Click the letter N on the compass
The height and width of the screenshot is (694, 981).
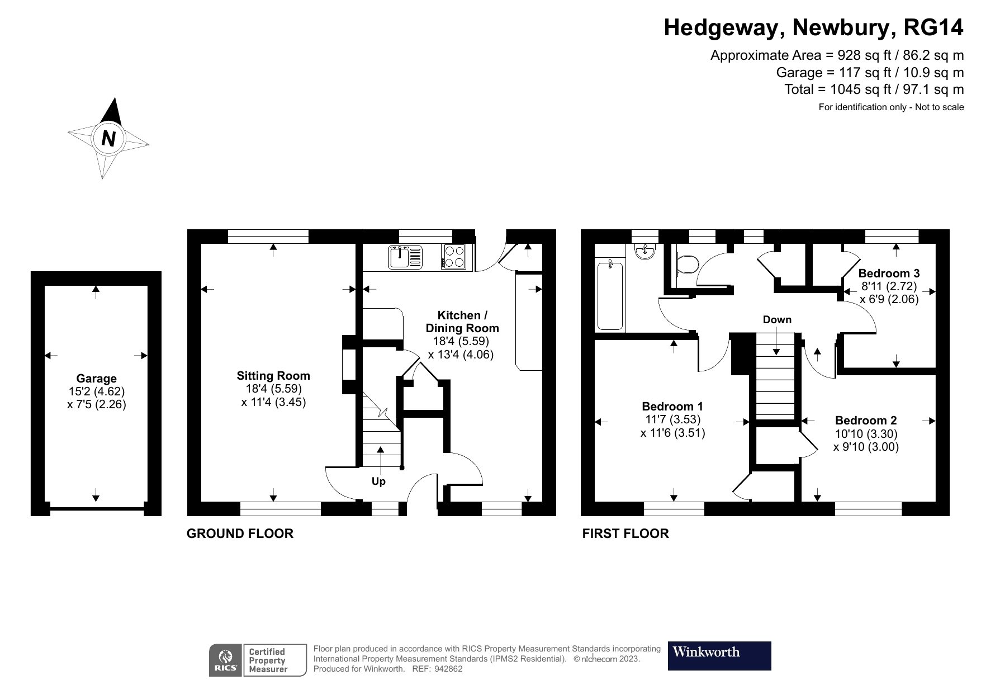pyautogui.click(x=108, y=138)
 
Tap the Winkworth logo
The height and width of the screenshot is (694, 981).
pyautogui.click(x=719, y=655)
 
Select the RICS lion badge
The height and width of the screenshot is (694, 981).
pyautogui.click(x=226, y=660)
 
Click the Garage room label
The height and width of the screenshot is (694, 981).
pyautogui.click(x=96, y=379)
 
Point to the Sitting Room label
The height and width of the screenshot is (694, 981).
pyautogui.click(x=273, y=376)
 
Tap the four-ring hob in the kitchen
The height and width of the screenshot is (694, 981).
pyautogui.click(x=453, y=257)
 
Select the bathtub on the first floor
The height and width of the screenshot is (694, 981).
pyautogui.click(x=610, y=295)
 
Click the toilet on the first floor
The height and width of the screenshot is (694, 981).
pyautogui.click(x=686, y=264)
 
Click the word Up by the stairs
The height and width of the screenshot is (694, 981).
pyautogui.click(x=378, y=481)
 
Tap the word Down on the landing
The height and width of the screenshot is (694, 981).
pyautogui.click(x=777, y=319)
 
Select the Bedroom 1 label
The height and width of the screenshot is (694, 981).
pyautogui.click(x=672, y=407)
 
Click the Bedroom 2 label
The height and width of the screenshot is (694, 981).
pyautogui.click(x=866, y=421)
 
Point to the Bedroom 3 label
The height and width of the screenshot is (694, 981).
pyautogui.click(x=889, y=273)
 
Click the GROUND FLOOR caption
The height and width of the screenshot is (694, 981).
pyautogui.click(x=240, y=534)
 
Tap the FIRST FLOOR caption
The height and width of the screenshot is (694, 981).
pyautogui.click(x=625, y=534)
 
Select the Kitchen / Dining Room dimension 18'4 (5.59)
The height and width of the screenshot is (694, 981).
pyautogui.click(x=461, y=341)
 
